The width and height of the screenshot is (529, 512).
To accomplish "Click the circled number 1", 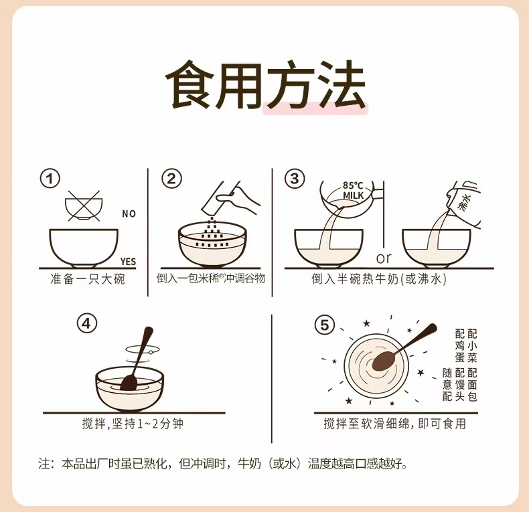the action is pos(50,179).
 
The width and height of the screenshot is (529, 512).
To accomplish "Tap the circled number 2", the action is pos(171,179).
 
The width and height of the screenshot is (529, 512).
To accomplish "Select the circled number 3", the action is pos(295,179).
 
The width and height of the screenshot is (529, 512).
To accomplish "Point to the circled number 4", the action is pos(86,324).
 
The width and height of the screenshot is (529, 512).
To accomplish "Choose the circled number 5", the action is pos(325,325).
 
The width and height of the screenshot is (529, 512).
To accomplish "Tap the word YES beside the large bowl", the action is pos(128,262).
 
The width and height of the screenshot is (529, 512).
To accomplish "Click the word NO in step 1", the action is pos(129,214).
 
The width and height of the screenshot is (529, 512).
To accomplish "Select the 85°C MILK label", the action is pos(354,190).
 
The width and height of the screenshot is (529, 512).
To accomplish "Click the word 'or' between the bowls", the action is pos(384,258).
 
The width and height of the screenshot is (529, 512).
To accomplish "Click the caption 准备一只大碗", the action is pos(88,279).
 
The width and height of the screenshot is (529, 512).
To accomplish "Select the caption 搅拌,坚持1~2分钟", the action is pos(133,424).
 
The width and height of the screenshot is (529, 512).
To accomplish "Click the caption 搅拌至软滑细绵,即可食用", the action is pos(394,424).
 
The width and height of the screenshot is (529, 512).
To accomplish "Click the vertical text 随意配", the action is pos(447,385).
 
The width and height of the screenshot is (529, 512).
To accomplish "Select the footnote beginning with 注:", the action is pos(223,464).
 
